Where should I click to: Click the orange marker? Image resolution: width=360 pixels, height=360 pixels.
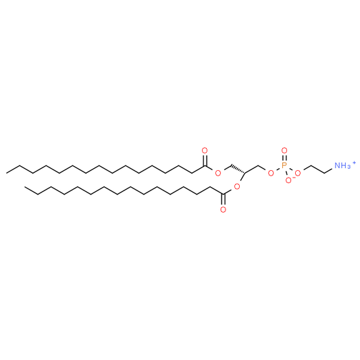284,164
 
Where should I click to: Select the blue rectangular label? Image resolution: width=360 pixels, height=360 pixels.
342,165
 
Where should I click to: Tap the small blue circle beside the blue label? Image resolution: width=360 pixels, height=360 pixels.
354,163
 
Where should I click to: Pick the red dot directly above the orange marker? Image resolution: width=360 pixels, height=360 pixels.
284,150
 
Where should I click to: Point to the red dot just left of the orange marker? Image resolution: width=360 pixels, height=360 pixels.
271,173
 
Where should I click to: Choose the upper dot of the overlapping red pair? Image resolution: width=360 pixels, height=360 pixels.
297,173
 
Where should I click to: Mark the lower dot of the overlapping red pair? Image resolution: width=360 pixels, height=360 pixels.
288,180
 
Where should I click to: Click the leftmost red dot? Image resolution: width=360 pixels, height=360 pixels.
205,150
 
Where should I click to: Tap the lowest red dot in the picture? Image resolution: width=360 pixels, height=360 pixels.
223,209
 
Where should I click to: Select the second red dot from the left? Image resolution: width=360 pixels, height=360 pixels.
217,173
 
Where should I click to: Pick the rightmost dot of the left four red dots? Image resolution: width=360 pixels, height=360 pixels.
237,186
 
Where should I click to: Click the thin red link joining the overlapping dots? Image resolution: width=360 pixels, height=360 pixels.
293,177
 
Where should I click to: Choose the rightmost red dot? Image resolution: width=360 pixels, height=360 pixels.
297,173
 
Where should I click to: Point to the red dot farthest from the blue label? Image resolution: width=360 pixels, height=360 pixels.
205,150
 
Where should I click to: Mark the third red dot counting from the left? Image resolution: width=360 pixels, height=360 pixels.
223,209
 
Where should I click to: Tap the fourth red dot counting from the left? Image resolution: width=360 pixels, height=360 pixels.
237,186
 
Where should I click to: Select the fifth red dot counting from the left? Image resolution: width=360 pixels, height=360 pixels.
271,173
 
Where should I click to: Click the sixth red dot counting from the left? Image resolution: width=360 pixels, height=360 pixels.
284,150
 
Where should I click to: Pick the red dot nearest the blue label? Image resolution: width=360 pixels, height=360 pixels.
297,173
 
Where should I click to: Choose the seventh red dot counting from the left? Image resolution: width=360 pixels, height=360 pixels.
288,180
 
